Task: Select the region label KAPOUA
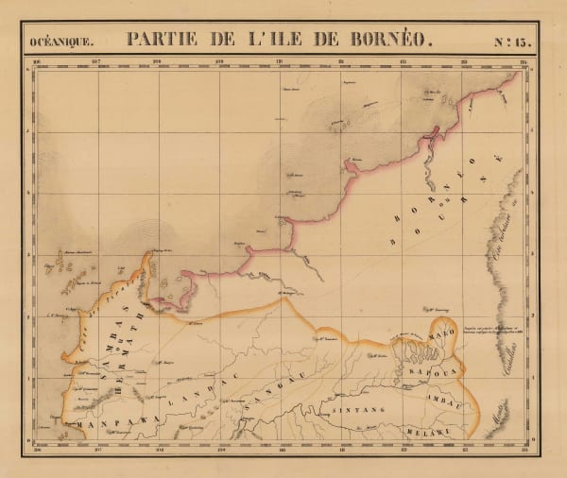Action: [x=432, y=372]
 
